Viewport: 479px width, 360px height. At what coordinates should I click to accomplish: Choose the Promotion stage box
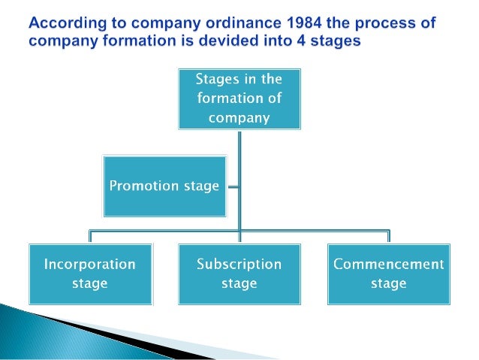tap(164, 186)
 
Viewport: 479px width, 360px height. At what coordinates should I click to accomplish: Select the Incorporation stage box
tap(90, 274)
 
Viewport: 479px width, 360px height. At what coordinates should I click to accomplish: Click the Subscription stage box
tap(239, 274)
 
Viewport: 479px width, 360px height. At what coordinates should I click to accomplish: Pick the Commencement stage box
tap(389, 274)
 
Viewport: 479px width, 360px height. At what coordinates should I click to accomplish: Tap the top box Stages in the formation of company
tap(239, 98)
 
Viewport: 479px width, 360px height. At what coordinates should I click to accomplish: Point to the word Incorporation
tap(90, 265)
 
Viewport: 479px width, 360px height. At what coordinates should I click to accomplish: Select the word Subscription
tap(239, 265)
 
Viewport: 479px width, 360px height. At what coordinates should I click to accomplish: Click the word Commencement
tap(389, 265)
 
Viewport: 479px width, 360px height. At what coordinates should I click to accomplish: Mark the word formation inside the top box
tap(227, 98)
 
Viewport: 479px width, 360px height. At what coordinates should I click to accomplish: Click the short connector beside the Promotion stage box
tap(232, 186)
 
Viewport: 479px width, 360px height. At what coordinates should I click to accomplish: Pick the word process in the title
tap(400, 23)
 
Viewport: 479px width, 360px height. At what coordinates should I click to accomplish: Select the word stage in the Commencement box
tap(389, 283)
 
